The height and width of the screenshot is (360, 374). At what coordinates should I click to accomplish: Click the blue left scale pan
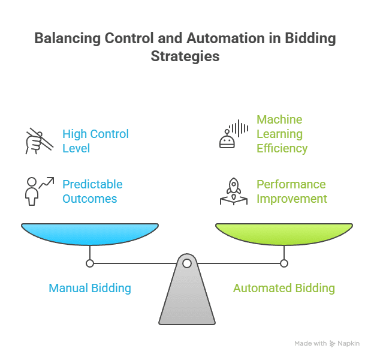pyautogui.click(x=90, y=233)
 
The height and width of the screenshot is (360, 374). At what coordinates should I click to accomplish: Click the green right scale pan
pyautogui.click(x=284, y=233)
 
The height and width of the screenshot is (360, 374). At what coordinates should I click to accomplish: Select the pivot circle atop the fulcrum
pyautogui.click(x=187, y=263)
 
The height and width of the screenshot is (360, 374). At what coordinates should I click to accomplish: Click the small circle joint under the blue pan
pyautogui.click(x=90, y=263)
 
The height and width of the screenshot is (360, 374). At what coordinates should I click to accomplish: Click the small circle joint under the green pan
pyautogui.click(x=284, y=263)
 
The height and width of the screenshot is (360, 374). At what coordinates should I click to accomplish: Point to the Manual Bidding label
pyautogui.click(x=90, y=288)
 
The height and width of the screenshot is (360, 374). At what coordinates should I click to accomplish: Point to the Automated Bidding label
pyautogui.click(x=283, y=288)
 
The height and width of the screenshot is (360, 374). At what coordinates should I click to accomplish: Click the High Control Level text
pyautogui.click(x=95, y=140)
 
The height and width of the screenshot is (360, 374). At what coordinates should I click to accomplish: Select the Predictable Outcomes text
pyautogui.click(x=92, y=191)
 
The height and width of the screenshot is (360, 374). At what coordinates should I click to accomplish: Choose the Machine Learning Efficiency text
pyautogui.click(x=282, y=134)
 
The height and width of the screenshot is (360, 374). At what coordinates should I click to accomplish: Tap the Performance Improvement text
pyautogui.click(x=291, y=191)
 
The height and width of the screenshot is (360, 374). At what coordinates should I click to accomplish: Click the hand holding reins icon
pyautogui.click(x=39, y=141)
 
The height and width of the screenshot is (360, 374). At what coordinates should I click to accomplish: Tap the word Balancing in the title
pyautogui.click(x=66, y=38)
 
